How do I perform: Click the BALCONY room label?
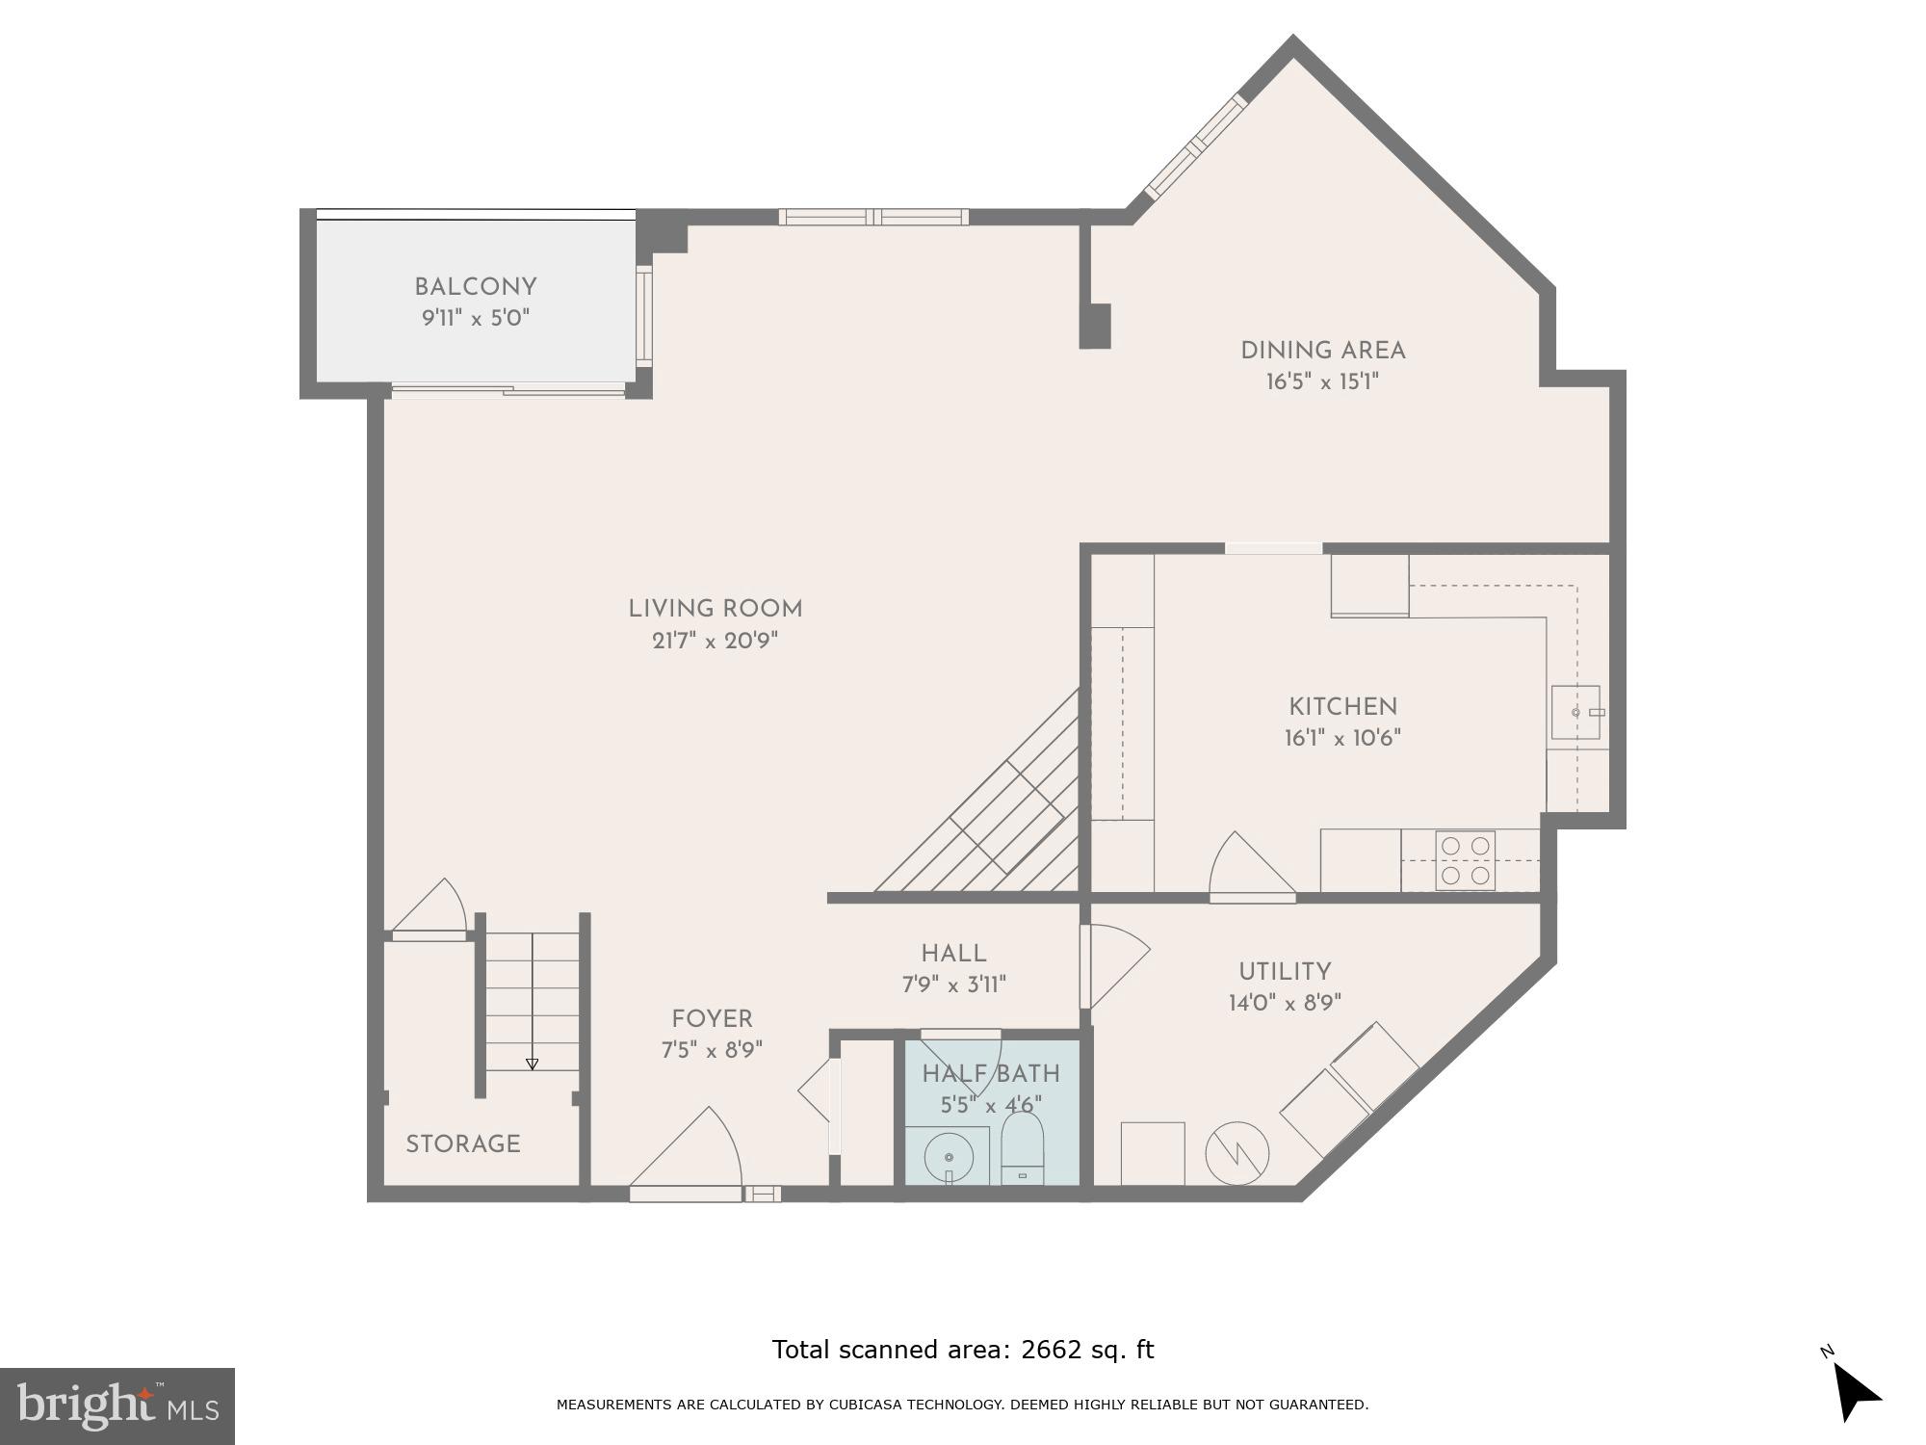[475, 287]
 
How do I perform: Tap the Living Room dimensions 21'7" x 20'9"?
[715, 641]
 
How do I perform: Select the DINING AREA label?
[1322, 351]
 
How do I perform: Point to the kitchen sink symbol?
[1575, 712]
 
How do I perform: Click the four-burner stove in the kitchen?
[1465, 860]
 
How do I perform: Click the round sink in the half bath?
[949, 1157]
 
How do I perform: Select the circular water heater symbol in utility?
[1237, 1153]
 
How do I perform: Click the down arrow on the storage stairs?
[532, 1064]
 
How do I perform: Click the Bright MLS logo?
[117, 1406]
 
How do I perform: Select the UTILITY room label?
[1285, 972]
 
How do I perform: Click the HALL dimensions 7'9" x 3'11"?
[953, 985]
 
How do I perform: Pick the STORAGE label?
[463, 1144]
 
